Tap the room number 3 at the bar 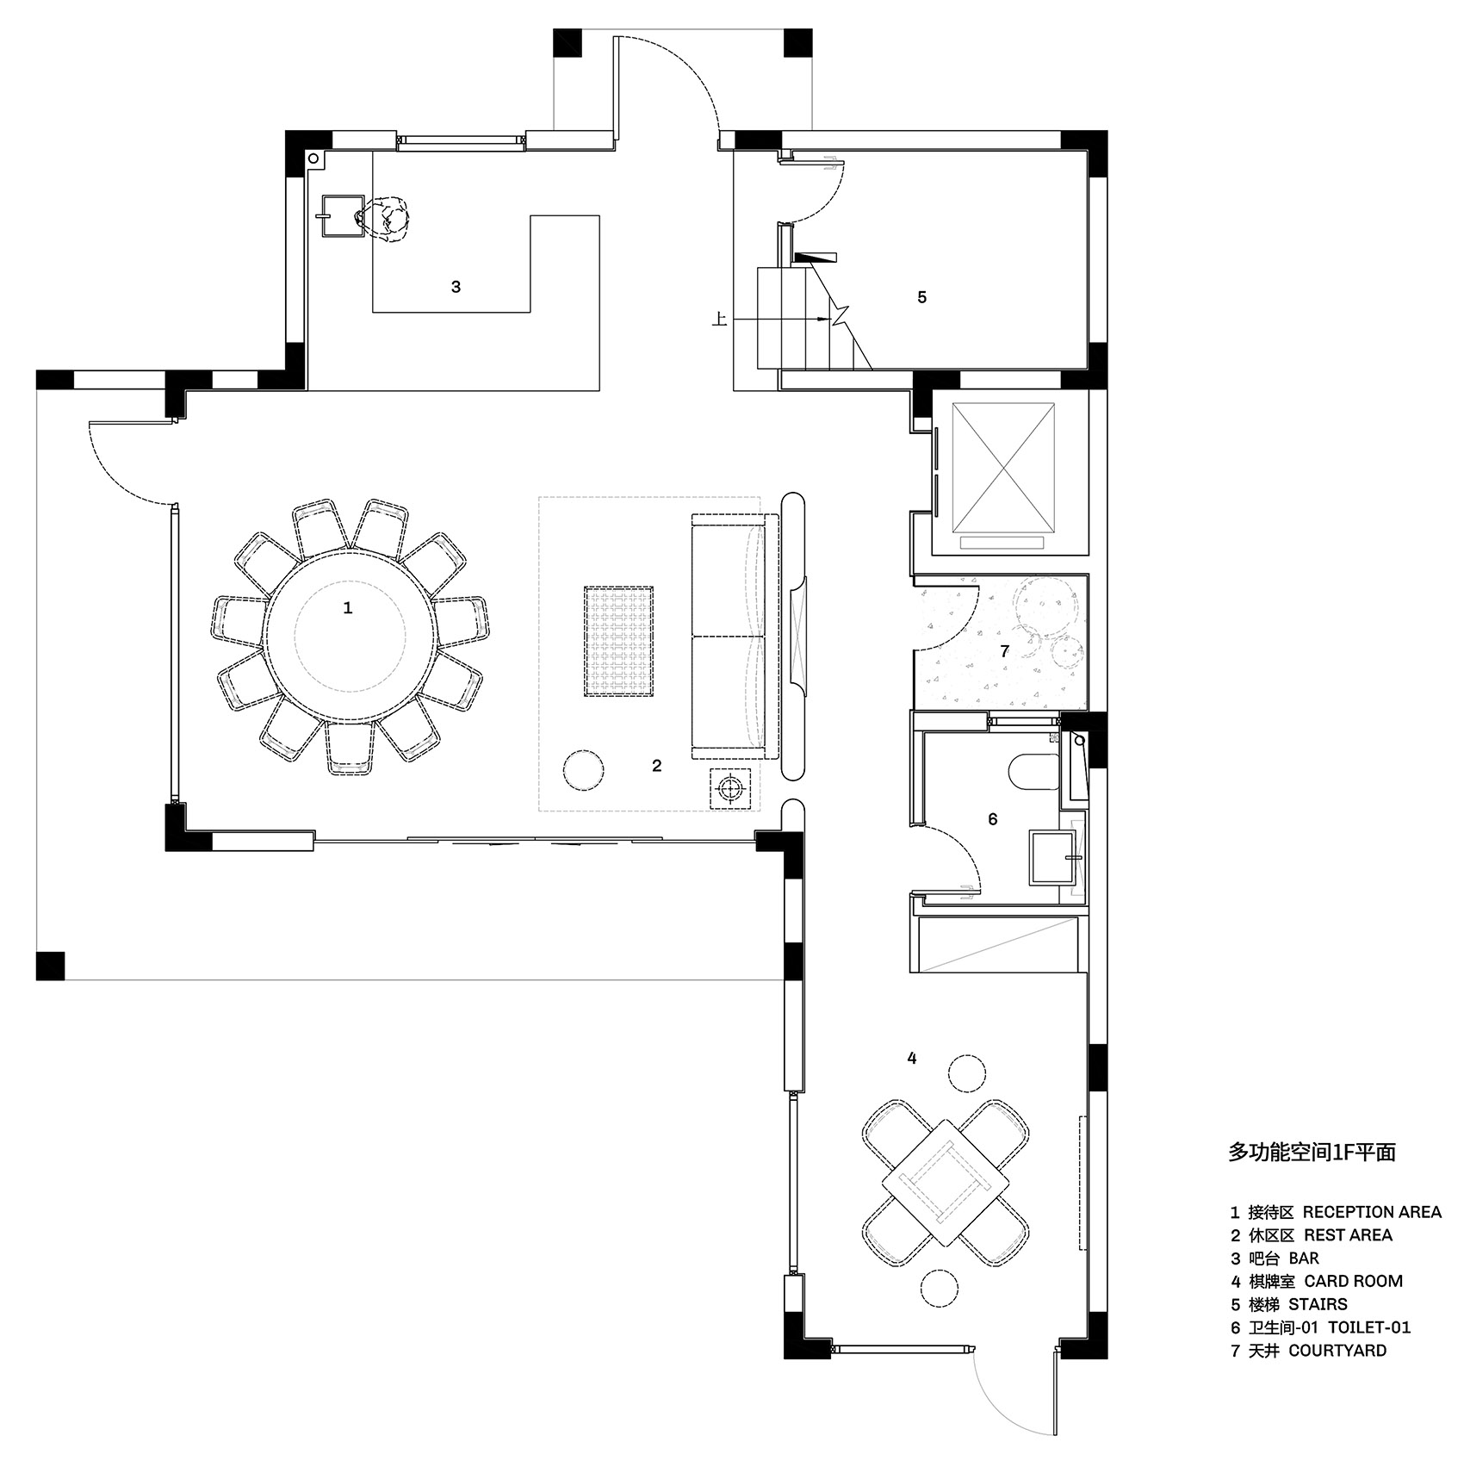pyautogui.click(x=456, y=287)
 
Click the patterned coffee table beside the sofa pyautogui.click(x=618, y=641)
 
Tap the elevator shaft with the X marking pyautogui.click(x=1002, y=468)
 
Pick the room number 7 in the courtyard pyautogui.click(x=1004, y=651)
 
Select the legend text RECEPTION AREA pyautogui.click(x=1372, y=1212)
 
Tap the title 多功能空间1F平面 pyautogui.click(x=1312, y=1153)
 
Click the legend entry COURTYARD pyautogui.click(x=1337, y=1351)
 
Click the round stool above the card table pyautogui.click(x=966, y=1072)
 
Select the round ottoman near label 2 pyautogui.click(x=583, y=769)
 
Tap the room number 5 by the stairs pyautogui.click(x=921, y=297)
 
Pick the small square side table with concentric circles pyautogui.click(x=731, y=787)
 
